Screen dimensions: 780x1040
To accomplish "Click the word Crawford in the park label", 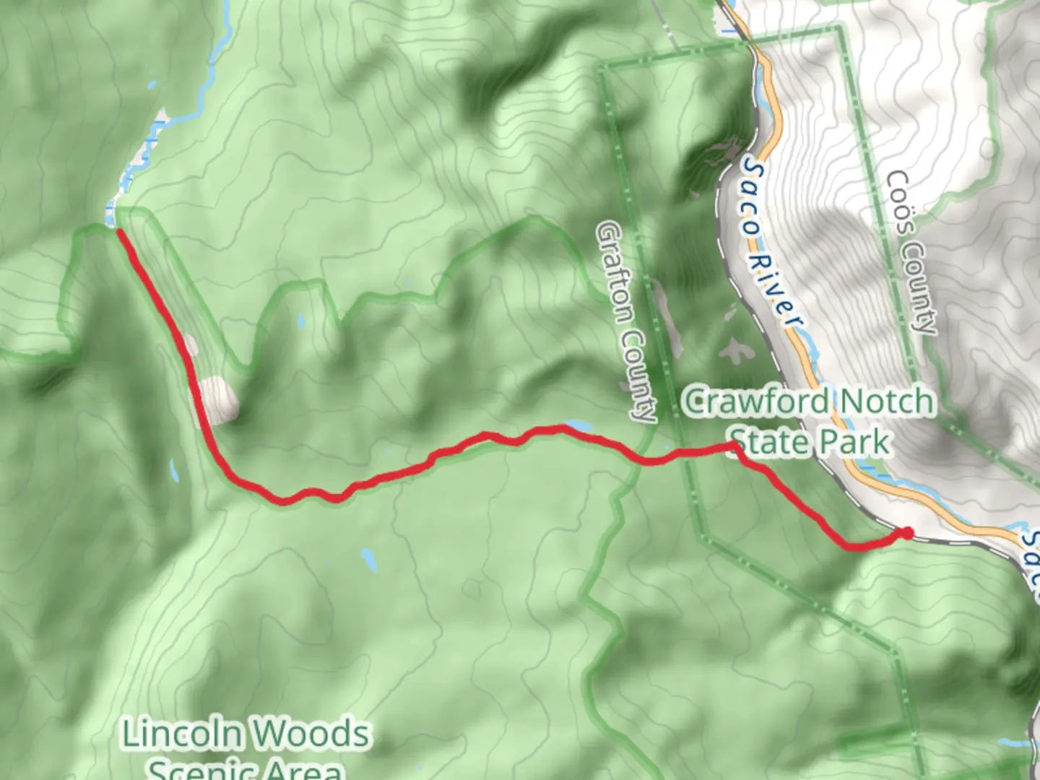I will click(x=755, y=402).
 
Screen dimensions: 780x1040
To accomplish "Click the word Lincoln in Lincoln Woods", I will click(x=181, y=734).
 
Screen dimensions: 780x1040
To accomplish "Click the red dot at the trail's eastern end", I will click(x=906, y=533).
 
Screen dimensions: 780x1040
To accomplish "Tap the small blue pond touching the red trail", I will click(x=578, y=427).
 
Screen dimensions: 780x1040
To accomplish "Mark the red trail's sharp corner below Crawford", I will click(x=734, y=450).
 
